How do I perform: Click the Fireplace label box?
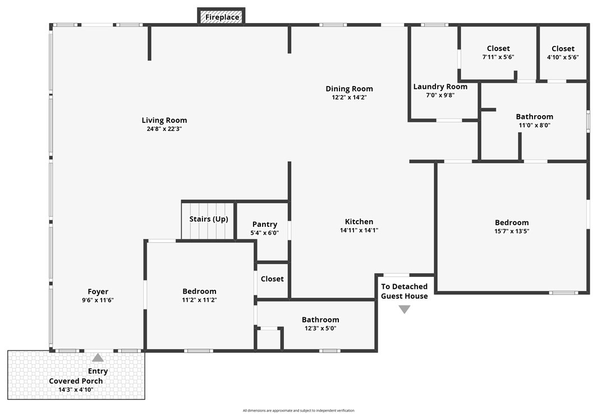pyautogui.click(x=222, y=17)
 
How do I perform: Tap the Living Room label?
pyautogui.click(x=164, y=120)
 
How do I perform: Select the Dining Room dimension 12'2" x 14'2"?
pyautogui.click(x=349, y=97)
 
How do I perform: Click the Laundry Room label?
pyautogui.click(x=440, y=87)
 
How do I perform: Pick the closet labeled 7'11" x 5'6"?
pyautogui.click(x=498, y=52)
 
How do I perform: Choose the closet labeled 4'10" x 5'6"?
pyautogui.click(x=562, y=52)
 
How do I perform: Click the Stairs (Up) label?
pyautogui.click(x=208, y=219)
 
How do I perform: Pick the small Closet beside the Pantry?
pyautogui.click(x=272, y=279)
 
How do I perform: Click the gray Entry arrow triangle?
pyautogui.click(x=98, y=357)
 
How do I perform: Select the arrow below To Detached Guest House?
pyautogui.click(x=404, y=309)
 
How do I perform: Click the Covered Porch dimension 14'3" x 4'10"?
pyautogui.click(x=75, y=389)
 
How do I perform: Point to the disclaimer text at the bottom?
pyautogui.click(x=298, y=411)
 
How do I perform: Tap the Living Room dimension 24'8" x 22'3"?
pyautogui.click(x=164, y=129)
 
